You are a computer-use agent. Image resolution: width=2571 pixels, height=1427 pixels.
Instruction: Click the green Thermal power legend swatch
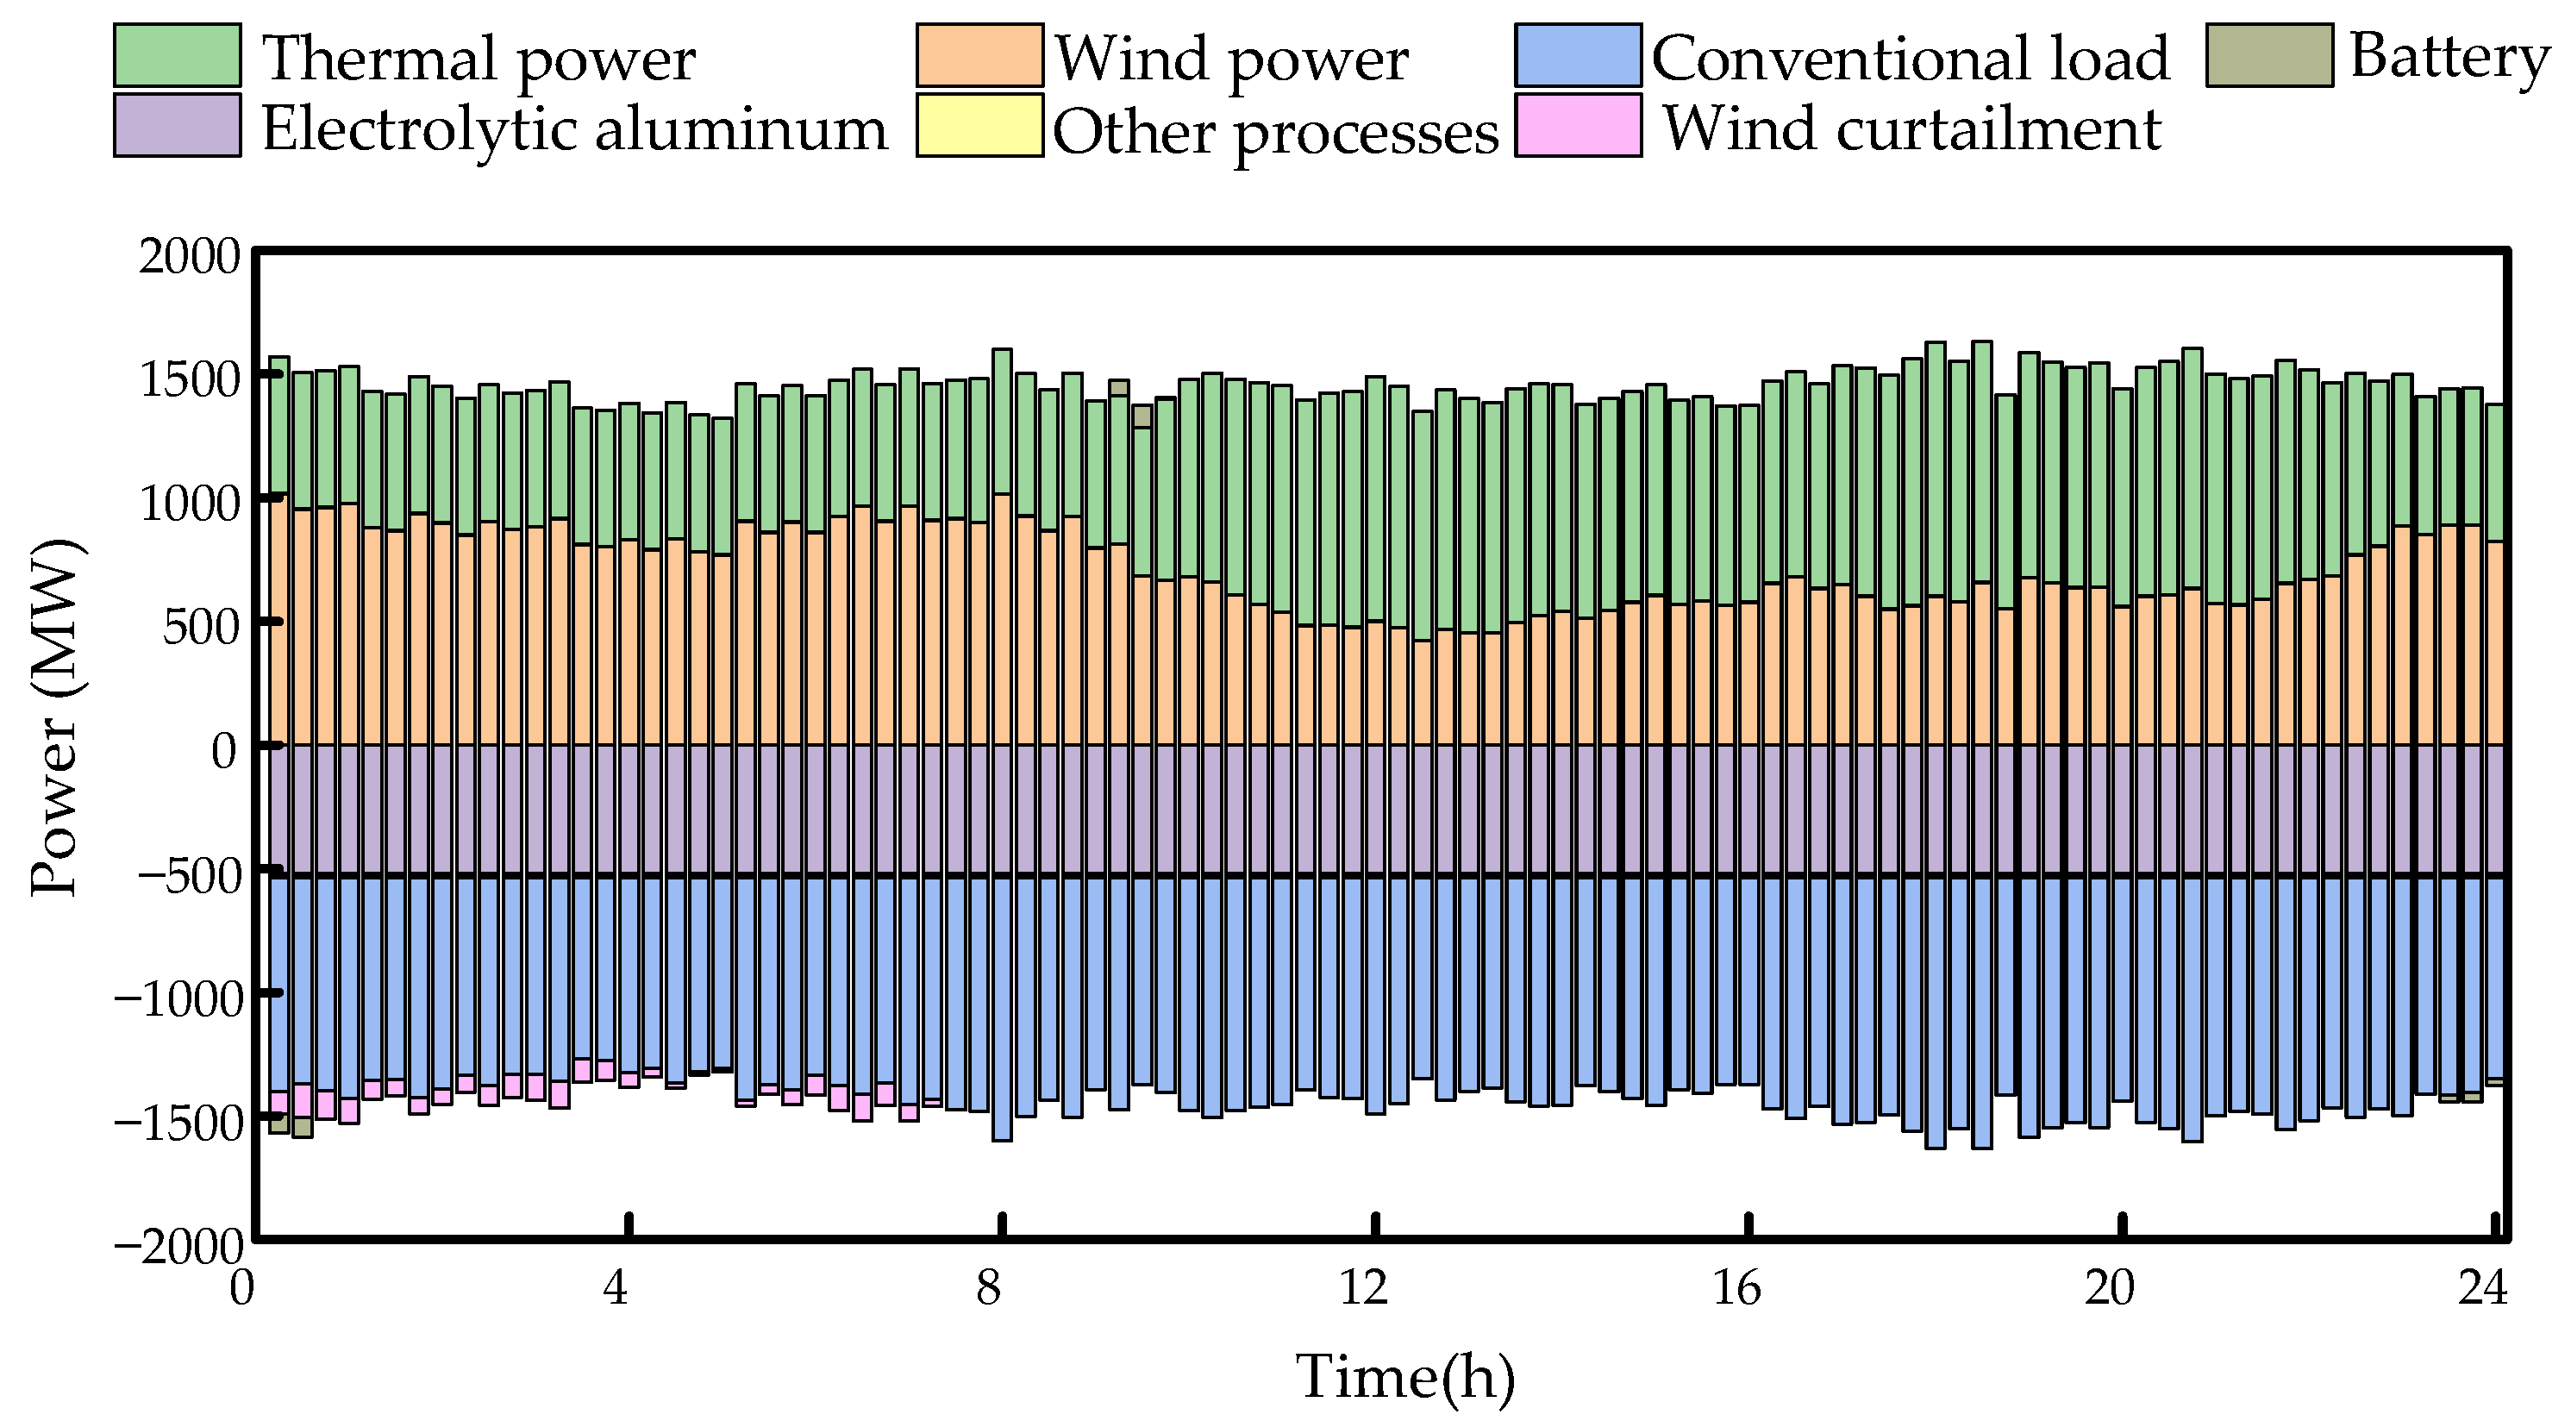click(x=177, y=55)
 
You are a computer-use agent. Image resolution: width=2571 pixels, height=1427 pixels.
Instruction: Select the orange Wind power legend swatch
click(x=979, y=55)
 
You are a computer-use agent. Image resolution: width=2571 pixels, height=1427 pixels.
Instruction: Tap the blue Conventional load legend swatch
click(x=1578, y=55)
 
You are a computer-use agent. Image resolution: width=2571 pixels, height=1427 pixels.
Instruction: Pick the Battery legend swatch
click(x=2268, y=55)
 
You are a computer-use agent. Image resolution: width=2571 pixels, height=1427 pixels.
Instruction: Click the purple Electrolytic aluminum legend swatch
click(x=177, y=125)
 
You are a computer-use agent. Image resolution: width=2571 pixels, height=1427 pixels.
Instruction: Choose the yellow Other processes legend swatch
click(x=979, y=125)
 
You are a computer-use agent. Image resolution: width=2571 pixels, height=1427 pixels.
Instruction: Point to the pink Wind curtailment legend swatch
click(x=1578, y=125)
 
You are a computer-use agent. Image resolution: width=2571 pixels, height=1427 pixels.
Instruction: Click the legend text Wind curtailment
click(x=1911, y=128)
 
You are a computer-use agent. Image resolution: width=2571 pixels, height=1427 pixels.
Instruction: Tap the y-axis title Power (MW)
click(x=55, y=718)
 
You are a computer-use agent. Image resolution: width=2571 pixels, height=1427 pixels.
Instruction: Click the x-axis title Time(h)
click(x=1405, y=1377)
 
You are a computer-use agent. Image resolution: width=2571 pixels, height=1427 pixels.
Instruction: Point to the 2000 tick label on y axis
click(x=190, y=258)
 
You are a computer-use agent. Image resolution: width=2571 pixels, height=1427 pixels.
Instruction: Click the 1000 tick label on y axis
click(x=190, y=504)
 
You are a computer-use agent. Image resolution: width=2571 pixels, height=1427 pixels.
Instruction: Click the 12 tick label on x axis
click(x=1363, y=1289)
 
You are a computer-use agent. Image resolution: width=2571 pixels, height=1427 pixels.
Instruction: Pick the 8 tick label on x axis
click(x=988, y=1289)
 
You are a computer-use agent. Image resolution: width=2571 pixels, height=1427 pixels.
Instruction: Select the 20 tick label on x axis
click(x=2109, y=1289)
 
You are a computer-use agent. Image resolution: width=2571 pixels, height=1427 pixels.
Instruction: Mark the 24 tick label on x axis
click(x=2483, y=1289)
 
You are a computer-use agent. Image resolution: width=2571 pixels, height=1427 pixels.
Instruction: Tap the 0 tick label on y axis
click(x=224, y=750)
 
